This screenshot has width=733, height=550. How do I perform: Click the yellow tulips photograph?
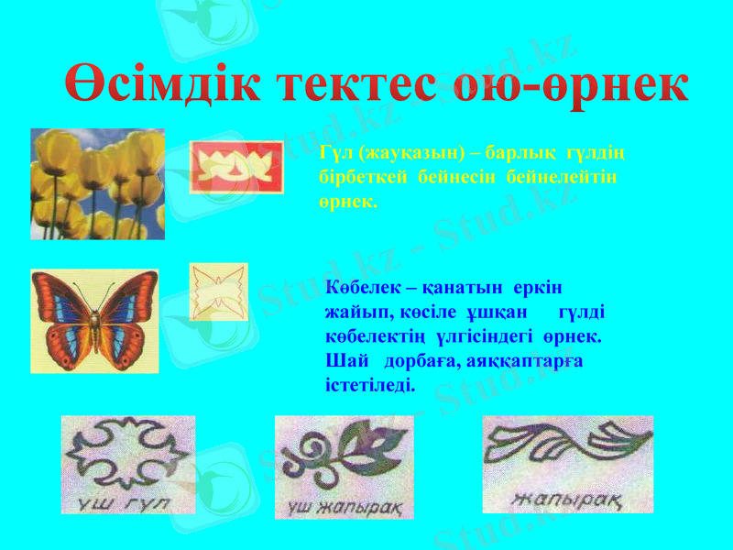[97, 183]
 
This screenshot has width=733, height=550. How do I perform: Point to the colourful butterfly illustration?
[94, 320]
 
